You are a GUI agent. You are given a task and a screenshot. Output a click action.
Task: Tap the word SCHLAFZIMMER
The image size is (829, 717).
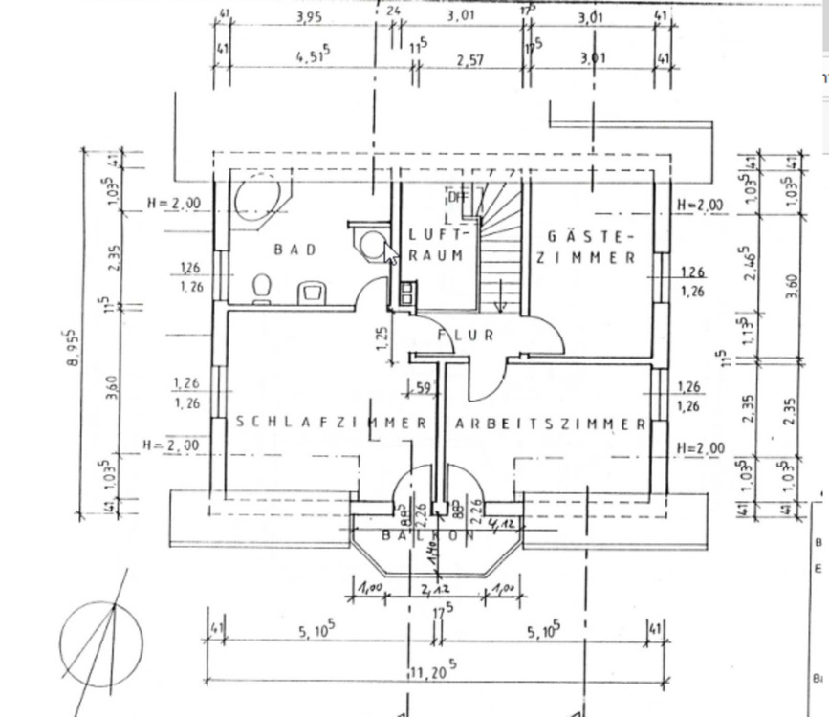tap(330, 423)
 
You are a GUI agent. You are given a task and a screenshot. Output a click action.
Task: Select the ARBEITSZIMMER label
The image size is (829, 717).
tap(551, 424)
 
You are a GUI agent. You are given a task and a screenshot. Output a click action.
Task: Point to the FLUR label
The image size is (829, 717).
tap(466, 336)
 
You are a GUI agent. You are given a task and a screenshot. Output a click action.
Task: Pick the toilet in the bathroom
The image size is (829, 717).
tap(262, 288)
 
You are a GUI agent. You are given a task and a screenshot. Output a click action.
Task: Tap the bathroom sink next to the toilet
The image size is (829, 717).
tap(311, 291)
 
